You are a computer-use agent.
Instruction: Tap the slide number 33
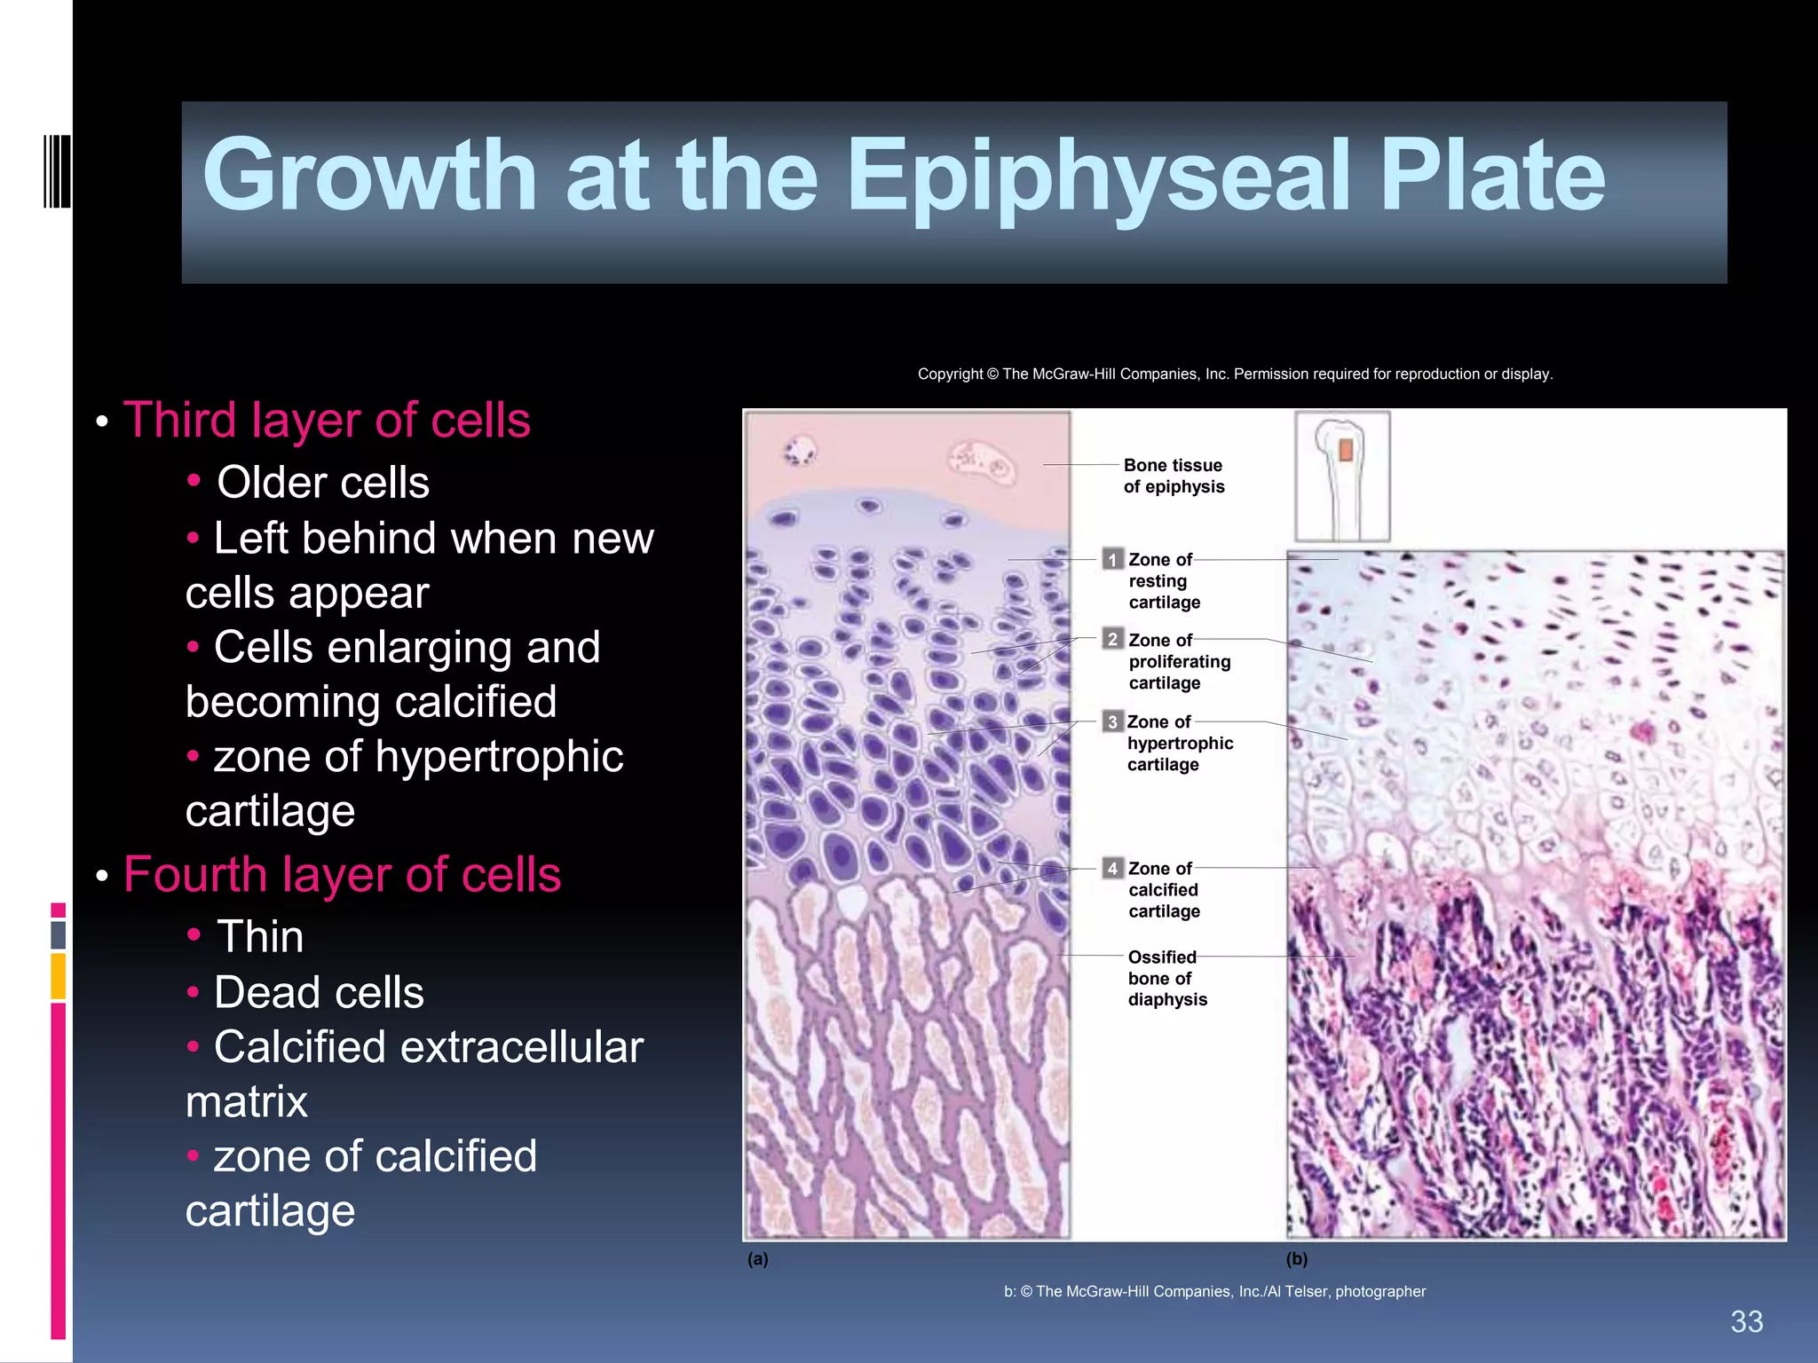(x=1746, y=1322)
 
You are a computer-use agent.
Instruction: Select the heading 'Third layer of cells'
(x=327, y=420)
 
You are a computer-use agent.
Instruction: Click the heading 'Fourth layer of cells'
(x=342, y=875)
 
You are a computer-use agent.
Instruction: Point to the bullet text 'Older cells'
(x=323, y=483)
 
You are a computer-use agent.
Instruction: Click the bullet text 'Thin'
(x=260, y=937)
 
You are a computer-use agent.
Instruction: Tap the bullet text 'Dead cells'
(x=319, y=992)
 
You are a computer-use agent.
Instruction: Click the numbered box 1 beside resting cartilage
(x=1112, y=560)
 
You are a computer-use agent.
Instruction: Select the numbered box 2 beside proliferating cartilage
(x=1112, y=640)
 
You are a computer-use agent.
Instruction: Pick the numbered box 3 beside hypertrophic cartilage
(x=1112, y=721)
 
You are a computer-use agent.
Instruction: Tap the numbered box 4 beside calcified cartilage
(x=1112, y=868)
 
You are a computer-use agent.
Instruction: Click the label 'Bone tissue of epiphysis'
(x=1174, y=477)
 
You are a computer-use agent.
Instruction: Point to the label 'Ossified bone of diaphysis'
(x=1166, y=978)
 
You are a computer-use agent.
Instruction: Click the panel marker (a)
(x=757, y=1259)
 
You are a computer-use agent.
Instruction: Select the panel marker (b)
(x=1297, y=1259)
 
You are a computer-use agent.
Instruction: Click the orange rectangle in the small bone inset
(x=1346, y=451)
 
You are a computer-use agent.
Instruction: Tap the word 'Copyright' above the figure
(x=950, y=374)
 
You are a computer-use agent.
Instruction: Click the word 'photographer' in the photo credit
(x=1380, y=1292)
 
